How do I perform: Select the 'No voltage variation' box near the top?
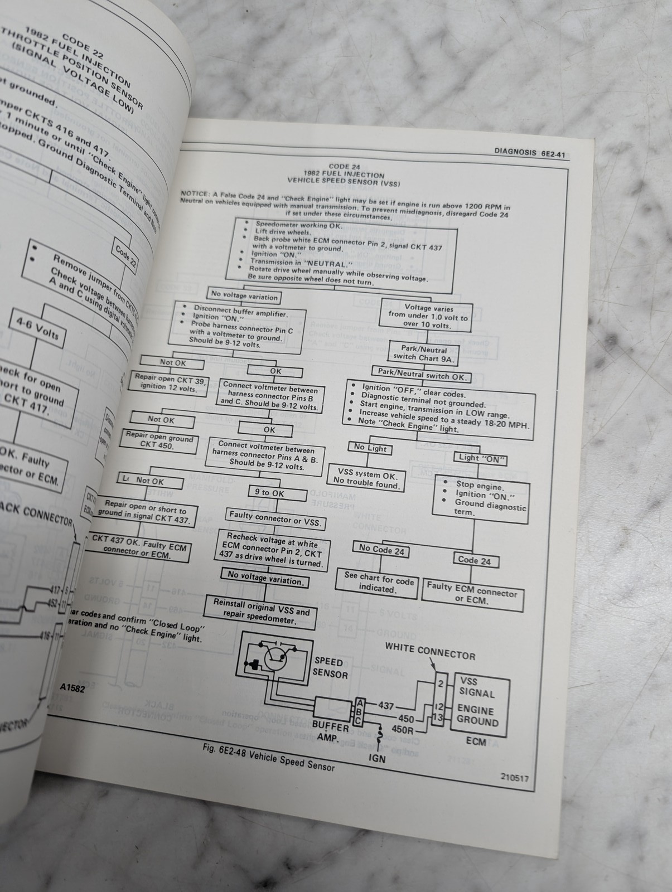tap(244, 295)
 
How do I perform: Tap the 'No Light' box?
tap(370, 448)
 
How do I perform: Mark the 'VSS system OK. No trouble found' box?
tap(366, 479)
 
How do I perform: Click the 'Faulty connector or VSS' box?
tap(275, 518)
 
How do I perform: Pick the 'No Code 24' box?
tap(381, 550)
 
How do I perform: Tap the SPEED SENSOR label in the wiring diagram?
tap(330, 667)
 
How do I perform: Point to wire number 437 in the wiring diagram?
tap(386, 705)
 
